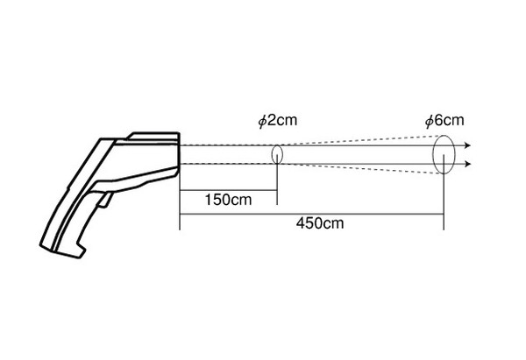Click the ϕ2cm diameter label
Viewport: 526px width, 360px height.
pyautogui.click(x=277, y=121)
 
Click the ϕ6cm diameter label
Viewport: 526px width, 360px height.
pyautogui.click(x=444, y=121)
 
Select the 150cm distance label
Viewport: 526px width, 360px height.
pyautogui.click(x=228, y=200)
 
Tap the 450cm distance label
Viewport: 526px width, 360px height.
pyautogui.click(x=320, y=222)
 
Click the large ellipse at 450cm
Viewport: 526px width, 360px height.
pyautogui.click(x=433, y=154)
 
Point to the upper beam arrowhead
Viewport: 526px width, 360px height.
pyautogui.click(x=468, y=145)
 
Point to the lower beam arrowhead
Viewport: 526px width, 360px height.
pyautogui.click(x=468, y=164)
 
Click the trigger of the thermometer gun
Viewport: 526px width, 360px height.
pyautogui.click(x=104, y=200)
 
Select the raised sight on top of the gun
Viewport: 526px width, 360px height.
pyautogui.click(x=154, y=136)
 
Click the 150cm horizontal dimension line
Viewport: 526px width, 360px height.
pyautogui.click(x=228, y=190)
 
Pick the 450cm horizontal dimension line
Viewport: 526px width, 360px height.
pyautogui.click(x=312, y=214)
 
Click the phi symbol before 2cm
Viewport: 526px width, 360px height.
pyautogui.click(x=262, y=122)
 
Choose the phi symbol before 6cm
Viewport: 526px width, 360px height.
pyautogui.click(x=430, y=122)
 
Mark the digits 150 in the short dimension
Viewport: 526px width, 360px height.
pyautogui.click(x=217, y=200)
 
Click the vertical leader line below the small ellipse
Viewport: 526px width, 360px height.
pyautogui.click(x=277, y=180)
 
